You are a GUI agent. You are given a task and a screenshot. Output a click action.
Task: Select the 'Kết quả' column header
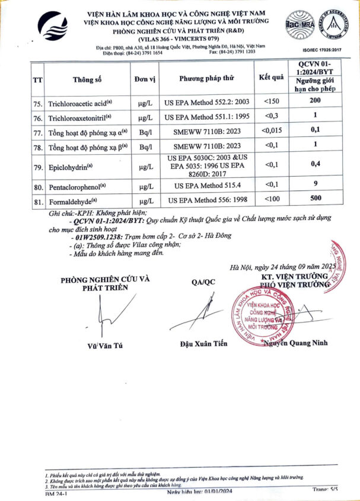tap(271, 78)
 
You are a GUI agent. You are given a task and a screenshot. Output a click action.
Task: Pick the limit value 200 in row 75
tap(315, 101)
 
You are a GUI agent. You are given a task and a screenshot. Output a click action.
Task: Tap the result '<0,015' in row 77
tap(272, 131)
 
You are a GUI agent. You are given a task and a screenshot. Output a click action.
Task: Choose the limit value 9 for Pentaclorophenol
tap(315, 184)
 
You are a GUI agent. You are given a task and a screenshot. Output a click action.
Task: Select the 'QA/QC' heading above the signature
tap(203, 282)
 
